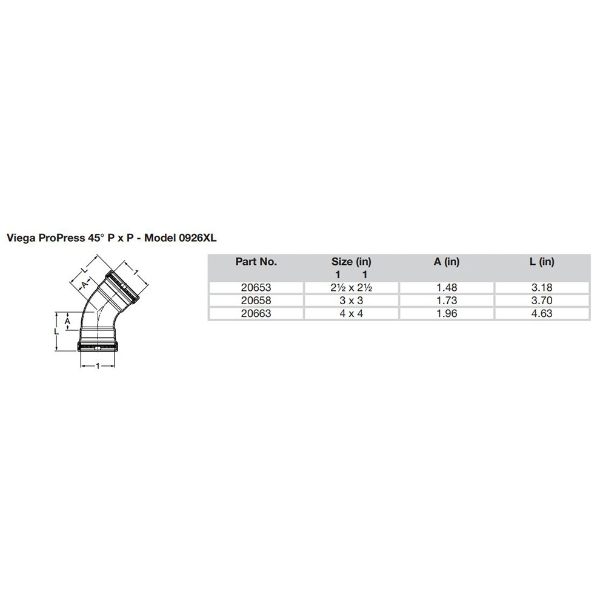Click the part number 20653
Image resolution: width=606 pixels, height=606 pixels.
[x=256, y=288]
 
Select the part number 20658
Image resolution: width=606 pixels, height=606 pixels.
[x=256, y=301]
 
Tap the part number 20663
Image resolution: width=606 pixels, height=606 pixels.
[x=256, y=313]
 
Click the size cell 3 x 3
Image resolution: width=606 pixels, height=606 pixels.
[x=351, y=301]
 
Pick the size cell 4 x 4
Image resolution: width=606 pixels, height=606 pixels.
[x=351, y=313]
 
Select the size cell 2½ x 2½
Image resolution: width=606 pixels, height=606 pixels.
[x=351, y=288]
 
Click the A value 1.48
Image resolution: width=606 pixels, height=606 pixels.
[x=447, y=288]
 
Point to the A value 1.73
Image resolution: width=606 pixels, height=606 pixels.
[x=447, y=301]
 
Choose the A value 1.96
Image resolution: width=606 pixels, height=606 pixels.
[x=447, y=313]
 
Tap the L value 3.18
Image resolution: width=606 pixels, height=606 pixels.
[x=542, y=288]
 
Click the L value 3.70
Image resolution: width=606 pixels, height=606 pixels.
[x=542, y=301]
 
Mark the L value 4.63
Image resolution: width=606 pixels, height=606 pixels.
[x=542, y=313]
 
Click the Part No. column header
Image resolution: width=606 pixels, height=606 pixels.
[x=256, y=262]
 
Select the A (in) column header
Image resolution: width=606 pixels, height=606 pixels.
[x=447, y=262]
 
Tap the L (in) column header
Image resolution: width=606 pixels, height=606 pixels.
[x=542, y=262]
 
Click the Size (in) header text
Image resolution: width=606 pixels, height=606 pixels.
[x=351, y=262]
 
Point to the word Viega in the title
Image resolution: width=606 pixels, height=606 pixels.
[x=19, y=239]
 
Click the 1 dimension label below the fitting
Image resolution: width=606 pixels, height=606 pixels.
[x=98, y=366]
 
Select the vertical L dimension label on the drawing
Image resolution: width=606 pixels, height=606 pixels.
[x=55, y=332]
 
